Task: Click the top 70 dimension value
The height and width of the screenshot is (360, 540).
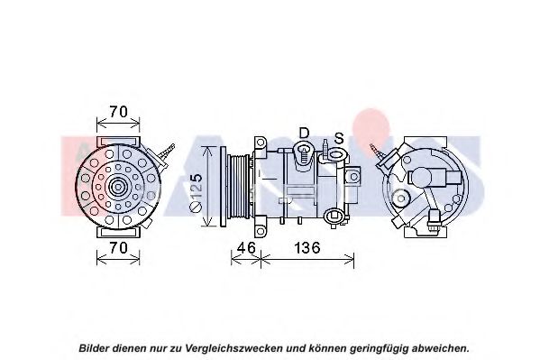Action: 118,112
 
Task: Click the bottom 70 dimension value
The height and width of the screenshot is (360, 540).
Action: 118,247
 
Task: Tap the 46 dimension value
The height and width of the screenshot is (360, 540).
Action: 247,247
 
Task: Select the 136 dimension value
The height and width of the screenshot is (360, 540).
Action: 307,247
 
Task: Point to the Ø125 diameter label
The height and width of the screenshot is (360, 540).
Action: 196,193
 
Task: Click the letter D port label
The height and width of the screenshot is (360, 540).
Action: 304,133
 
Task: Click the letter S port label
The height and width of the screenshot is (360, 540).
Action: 339,138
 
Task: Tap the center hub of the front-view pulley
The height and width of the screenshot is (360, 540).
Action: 118,188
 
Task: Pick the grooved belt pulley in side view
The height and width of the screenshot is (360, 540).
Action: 237,186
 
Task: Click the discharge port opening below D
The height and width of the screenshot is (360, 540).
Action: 304,149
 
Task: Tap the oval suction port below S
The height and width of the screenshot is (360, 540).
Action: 335,153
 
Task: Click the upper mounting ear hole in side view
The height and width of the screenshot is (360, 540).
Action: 261,142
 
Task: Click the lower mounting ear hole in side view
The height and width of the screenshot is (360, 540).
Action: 261,230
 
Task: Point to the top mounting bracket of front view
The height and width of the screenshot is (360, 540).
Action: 118,142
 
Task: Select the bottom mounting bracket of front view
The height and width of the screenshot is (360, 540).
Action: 118,232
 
